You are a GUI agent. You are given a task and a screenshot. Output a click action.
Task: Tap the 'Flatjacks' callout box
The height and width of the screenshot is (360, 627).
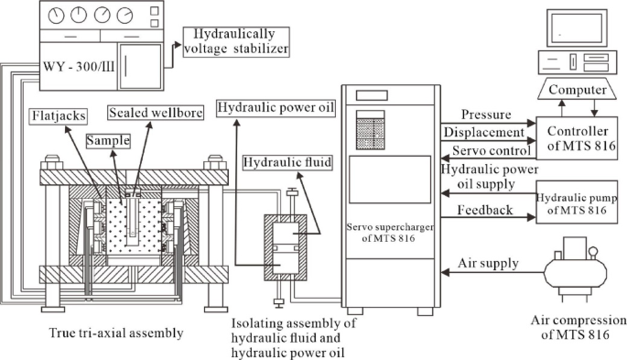click(61, 117)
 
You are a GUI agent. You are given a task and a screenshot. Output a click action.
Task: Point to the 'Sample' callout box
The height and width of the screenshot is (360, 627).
click(108, 143)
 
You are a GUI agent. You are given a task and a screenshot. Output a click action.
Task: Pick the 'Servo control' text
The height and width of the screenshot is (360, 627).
click(486, 150)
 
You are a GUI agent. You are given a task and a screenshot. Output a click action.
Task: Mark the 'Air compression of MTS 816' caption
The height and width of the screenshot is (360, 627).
click(578, 328)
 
